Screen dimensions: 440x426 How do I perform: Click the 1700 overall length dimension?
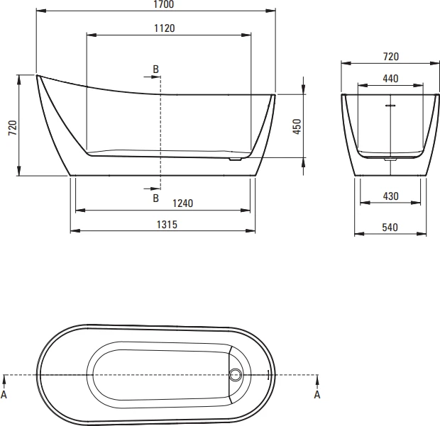click(164, 4)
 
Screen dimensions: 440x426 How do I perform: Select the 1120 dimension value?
click(165, 28)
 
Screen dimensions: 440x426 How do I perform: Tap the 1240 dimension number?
click(182, 203)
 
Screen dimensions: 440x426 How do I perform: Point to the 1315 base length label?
click(167, 225)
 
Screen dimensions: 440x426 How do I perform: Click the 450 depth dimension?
click(297, 126)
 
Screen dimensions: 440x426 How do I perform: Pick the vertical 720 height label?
click(13, 128)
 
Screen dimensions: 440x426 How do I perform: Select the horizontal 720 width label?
click(391, 57)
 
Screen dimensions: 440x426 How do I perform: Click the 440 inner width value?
click(390, 79)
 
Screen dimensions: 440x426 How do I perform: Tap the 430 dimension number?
click(390, 196)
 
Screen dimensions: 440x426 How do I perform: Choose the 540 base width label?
click(390, 228)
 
